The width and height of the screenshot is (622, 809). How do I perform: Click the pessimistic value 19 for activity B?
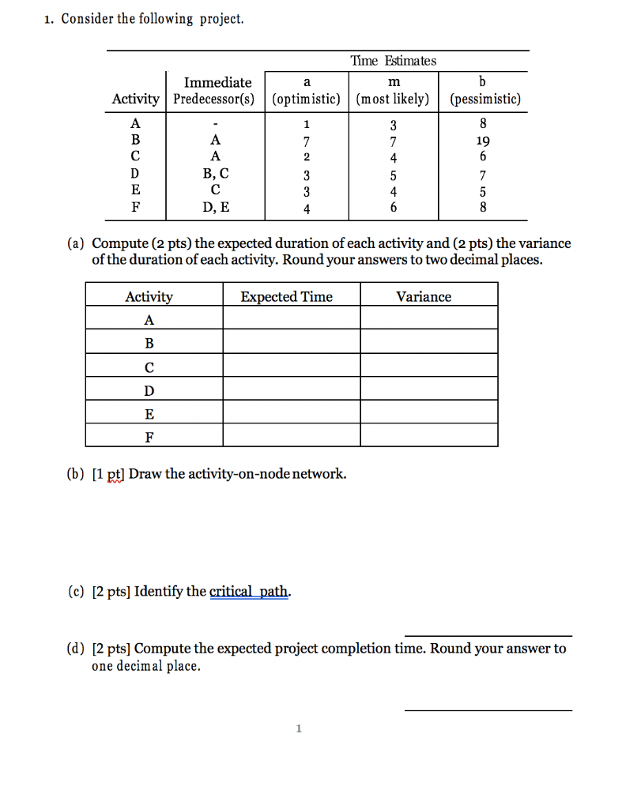coord(483,141)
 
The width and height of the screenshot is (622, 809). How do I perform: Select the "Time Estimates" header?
coord(393,61)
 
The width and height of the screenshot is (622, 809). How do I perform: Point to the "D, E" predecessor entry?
coord(216,209)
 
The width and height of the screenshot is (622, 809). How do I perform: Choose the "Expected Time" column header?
coord(286,297)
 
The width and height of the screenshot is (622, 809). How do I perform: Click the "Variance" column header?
coord(424,297)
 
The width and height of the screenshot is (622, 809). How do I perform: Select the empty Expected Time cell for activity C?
coord(291,365)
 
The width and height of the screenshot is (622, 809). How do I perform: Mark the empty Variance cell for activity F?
coord(429,435)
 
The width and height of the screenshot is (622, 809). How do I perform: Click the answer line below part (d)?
coord(488,710)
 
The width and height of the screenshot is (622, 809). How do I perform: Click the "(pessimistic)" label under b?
coord(484,100)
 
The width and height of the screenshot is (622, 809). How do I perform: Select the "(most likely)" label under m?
coord(393,100)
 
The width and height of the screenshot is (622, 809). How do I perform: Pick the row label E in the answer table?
coord(149,413)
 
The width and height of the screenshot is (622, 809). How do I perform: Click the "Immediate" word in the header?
coord(217,82)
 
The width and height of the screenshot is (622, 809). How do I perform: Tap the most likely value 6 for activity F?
coord(393,209)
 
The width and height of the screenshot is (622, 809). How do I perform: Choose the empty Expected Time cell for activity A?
coord(291,318)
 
